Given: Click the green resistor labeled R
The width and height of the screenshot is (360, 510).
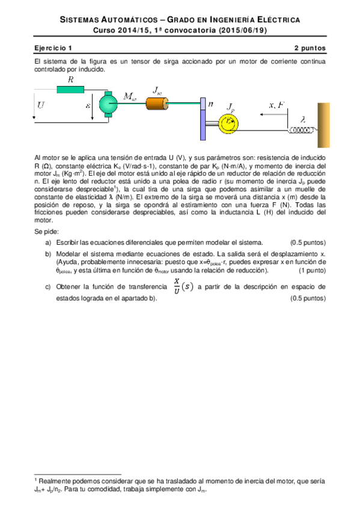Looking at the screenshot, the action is tap(72, 90).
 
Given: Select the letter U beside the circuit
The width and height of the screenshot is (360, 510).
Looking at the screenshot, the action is tap(41, 105).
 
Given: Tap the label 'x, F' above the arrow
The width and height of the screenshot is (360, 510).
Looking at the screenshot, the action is tap(278, 106).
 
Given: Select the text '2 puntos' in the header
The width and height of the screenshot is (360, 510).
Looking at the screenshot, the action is tap(310, 48).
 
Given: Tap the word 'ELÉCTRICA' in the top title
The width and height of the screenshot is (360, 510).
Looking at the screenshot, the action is tap(272, 20).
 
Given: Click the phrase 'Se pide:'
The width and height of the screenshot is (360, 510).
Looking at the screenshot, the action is tap(46, 231).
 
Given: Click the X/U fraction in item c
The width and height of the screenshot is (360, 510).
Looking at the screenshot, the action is tap(176, 286).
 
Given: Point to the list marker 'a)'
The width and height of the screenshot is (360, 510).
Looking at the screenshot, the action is tap(48, 242).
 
